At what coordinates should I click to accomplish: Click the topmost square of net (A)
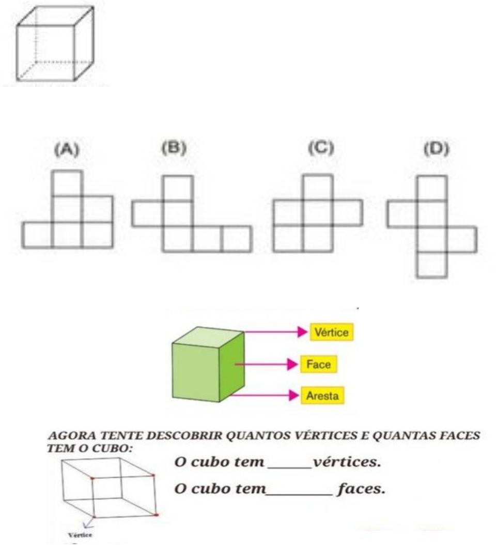coord(67,184)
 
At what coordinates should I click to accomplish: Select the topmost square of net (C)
coord(317,187)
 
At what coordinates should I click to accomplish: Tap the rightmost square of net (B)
coord(237,239)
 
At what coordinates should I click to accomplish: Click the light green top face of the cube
coord(207,339)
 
